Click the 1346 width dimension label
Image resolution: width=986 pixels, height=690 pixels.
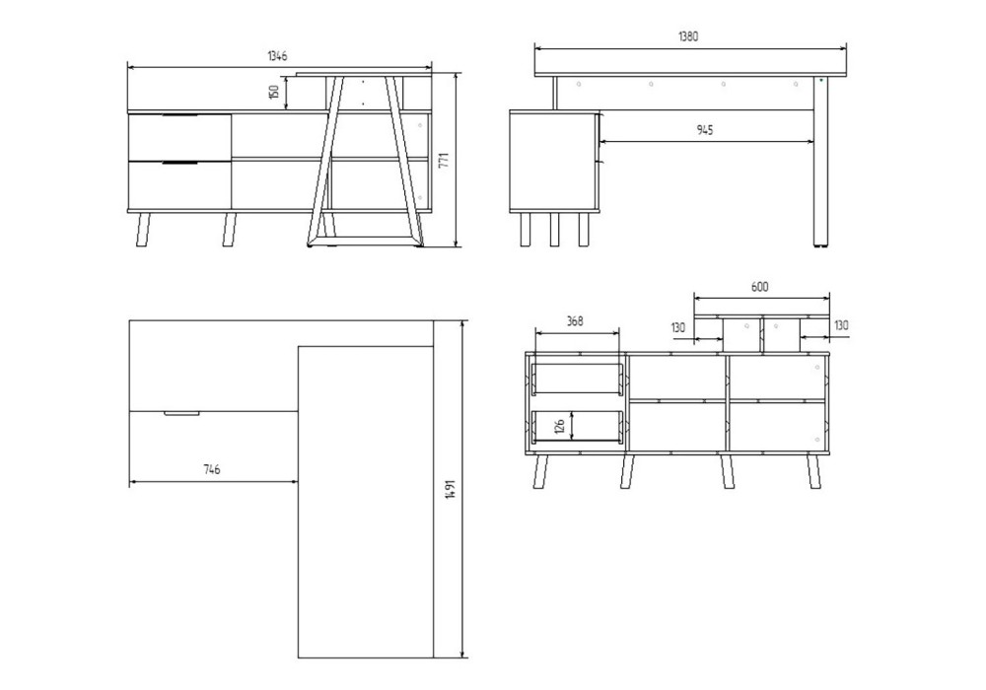pyautogui.click(x=277, y=56)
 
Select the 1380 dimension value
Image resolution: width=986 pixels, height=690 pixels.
pyautogui.click(x=688, y=36)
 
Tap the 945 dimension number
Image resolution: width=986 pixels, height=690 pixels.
pyautogui.click(x=705, y=130)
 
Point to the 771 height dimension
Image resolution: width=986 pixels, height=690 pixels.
pyautogui.click(x=444, y=160)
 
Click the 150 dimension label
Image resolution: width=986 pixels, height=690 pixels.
pyautogui.click(x=273, y=92)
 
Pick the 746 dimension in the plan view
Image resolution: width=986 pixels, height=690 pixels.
pyautogui.click(x=212, y=469)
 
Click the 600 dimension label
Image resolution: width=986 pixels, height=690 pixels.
pyautogui.click(x=759, y=287)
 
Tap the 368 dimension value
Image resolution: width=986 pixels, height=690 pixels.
pyautogui.click(x=575, y=321)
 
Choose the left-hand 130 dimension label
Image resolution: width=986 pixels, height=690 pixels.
pyautogui.click(x=678, y=327)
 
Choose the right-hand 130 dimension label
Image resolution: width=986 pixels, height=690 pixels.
pyautogui.click(x=841, y=325)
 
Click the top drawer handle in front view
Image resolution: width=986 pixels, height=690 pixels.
pyautogui.click(x=179, y=116)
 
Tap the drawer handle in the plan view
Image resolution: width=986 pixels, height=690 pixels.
pyautogui.click(x=181, y=413)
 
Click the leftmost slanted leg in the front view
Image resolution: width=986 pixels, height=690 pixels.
pyautogui.click(x=144, y=230)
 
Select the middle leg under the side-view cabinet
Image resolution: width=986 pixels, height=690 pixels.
pyautogui.click(x=554, y=230)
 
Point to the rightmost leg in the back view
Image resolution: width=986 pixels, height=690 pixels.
pyautogui.click(x=813, y=470)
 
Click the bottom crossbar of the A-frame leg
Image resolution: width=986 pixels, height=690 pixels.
pyautogui.click(x=364, y=241)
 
